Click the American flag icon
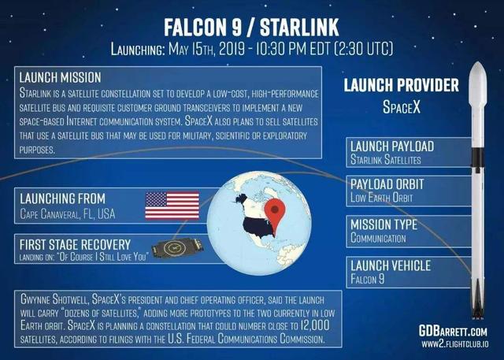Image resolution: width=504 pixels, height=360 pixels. pos(172,203)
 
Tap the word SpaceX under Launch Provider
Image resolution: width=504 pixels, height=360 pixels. pos(402,106)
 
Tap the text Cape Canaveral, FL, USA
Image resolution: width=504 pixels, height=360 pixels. pos(69,213)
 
